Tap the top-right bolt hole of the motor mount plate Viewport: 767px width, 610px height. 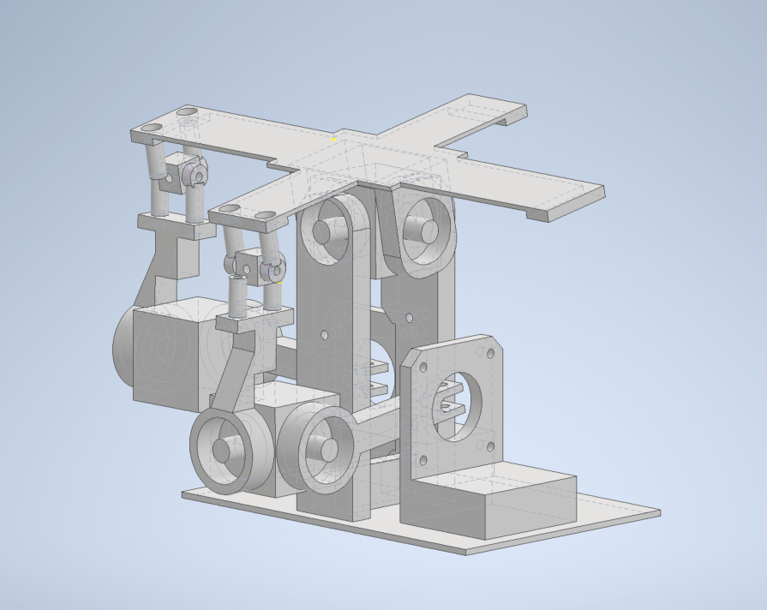pos(491,352)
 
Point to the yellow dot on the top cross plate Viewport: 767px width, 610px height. pos(334,139)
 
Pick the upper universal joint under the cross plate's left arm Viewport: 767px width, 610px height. pos(194,175)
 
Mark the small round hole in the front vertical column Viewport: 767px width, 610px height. pos(325,335)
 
